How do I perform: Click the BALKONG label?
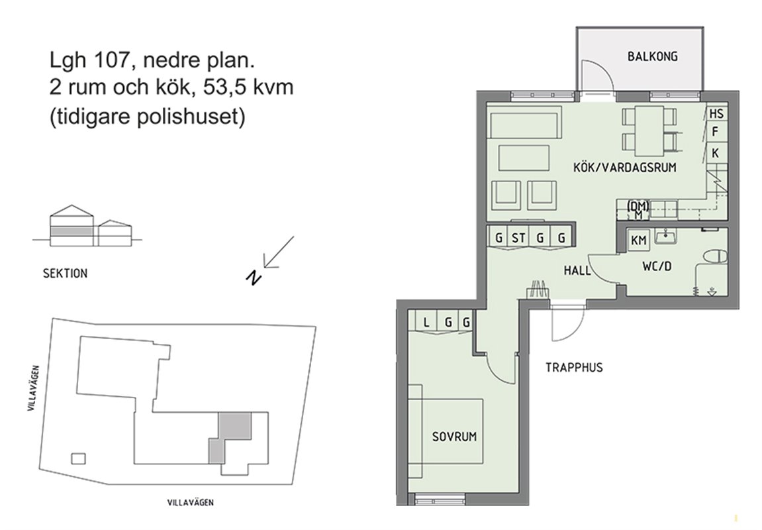(x=652, y=56)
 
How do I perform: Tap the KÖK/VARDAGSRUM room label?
(x=625, y=168)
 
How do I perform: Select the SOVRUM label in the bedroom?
(x=454, y=437)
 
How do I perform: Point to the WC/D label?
(x=657, y=266)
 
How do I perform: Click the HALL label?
(x=577, y=270)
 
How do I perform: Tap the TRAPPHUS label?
(x=574, y=367)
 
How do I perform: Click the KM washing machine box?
(x=639, y=240)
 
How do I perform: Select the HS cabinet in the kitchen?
(x=716, y=114)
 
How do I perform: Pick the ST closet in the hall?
(x=518, y=238)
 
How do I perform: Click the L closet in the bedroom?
(x=427, y=322)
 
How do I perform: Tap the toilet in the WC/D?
(x=716, y=256)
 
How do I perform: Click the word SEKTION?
(x=65, y=273)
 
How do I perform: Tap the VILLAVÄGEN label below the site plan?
(x=191, y=502)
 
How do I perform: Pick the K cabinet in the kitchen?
(x=716, y=153)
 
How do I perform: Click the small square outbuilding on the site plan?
(x=77, y=458)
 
